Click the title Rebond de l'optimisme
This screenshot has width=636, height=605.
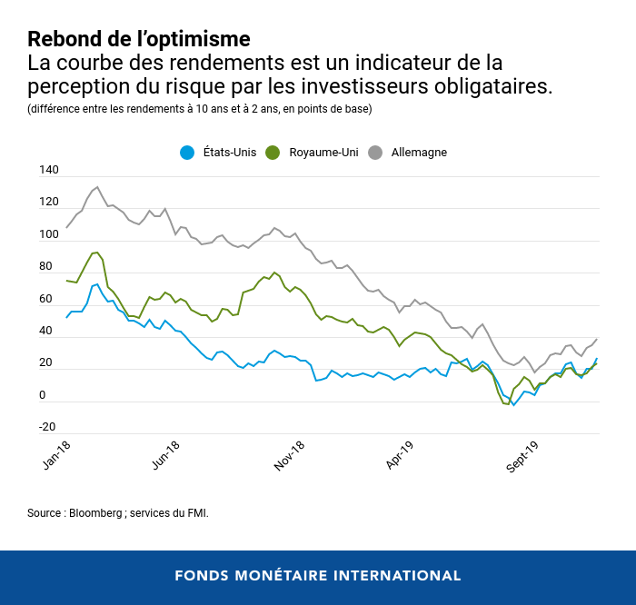pyautogui.click(x=138, y=40)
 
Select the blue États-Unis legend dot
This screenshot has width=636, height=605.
pyautogui.click(x=187, y=153)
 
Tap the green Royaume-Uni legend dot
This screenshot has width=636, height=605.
pyautogui.click(x=273, y=153)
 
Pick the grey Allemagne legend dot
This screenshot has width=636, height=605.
pyautogui.click(x=374, y=153)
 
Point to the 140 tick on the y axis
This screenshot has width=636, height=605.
pyautogui.click(x=49, y=171)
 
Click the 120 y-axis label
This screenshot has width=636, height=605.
pyautogui.click(x=49, y=203)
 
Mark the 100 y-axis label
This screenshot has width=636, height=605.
pyautogui.click(x=49, y=235)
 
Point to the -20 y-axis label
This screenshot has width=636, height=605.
pyautogui.click(x=47, y=427)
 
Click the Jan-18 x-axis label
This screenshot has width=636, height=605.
pyautogui.click(x=56, y=455)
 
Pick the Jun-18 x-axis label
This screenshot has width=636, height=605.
pyautogui.click(x=164, y=455)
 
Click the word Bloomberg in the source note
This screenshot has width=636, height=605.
pyautogui.click(x=96, y=513)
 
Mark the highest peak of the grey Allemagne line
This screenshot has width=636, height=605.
pyautogui.click(x=97, y=187)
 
